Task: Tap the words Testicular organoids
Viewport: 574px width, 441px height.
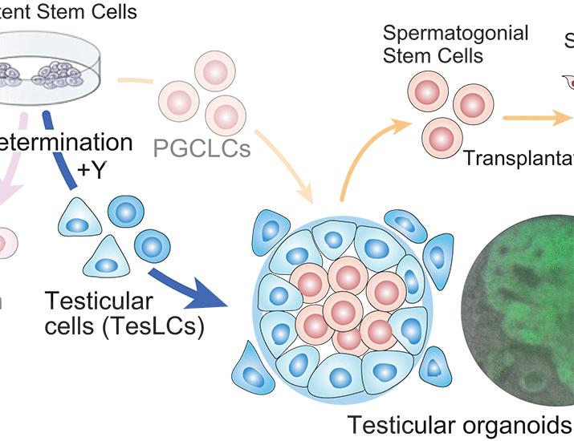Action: (459, 423)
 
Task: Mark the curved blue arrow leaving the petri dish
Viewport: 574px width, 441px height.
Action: (68, 152)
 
